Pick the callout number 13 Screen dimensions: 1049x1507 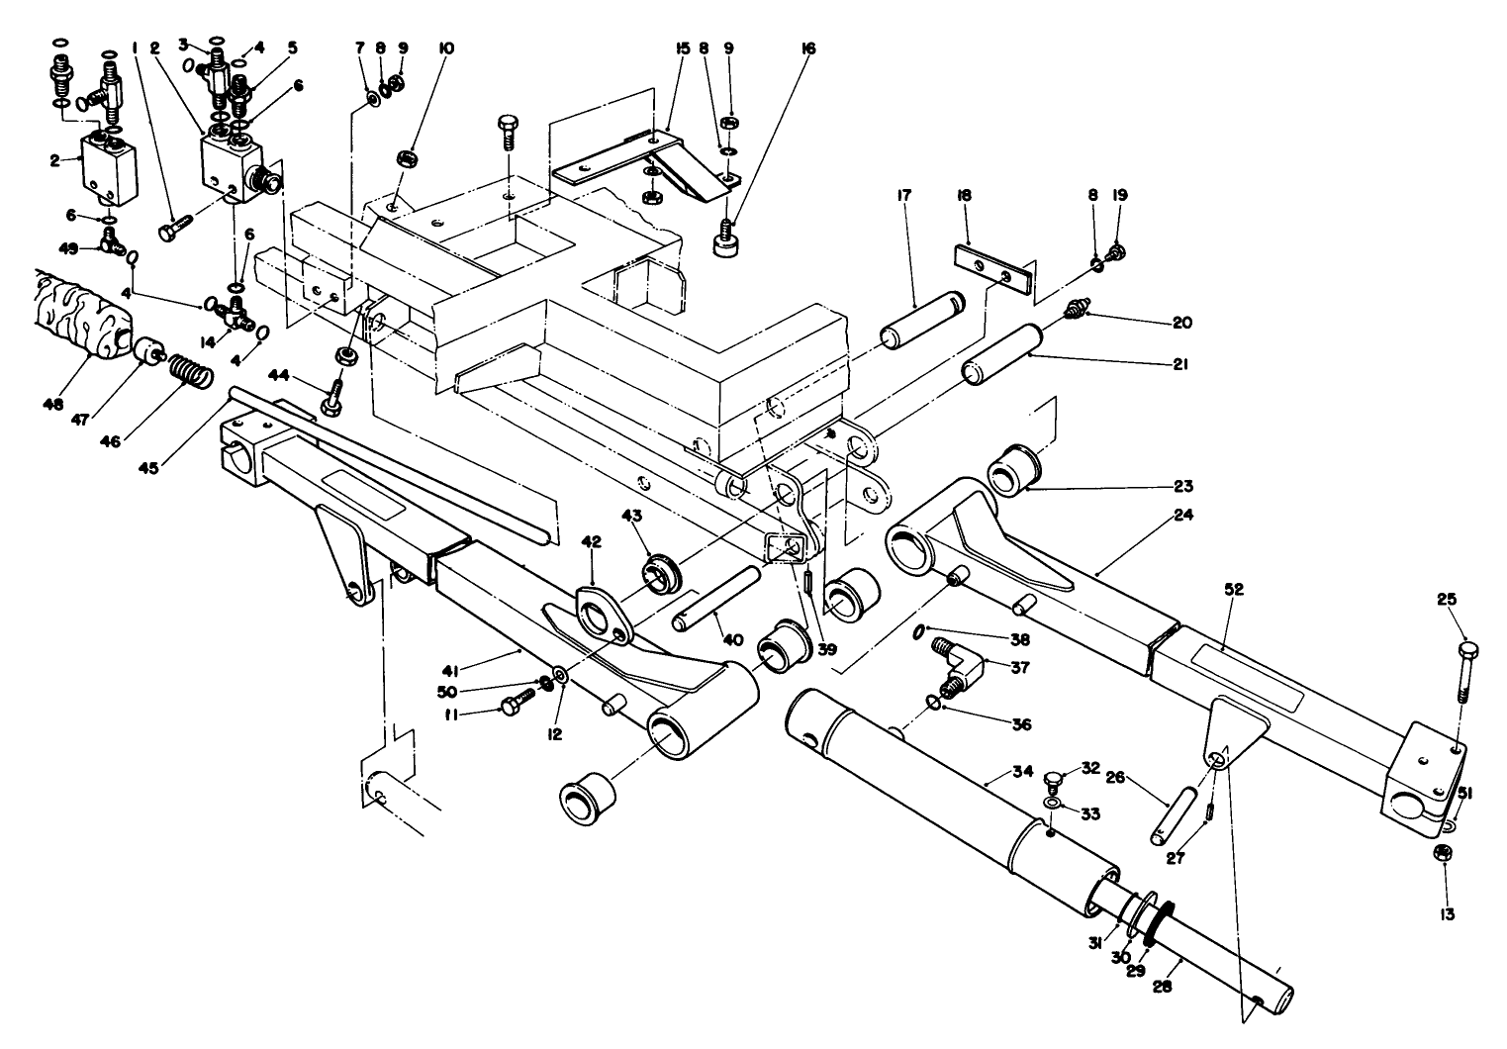click(x=1448, y=915)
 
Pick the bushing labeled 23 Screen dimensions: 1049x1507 click(x=1008, y=467)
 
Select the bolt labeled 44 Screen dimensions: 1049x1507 click(x=332, y=396)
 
